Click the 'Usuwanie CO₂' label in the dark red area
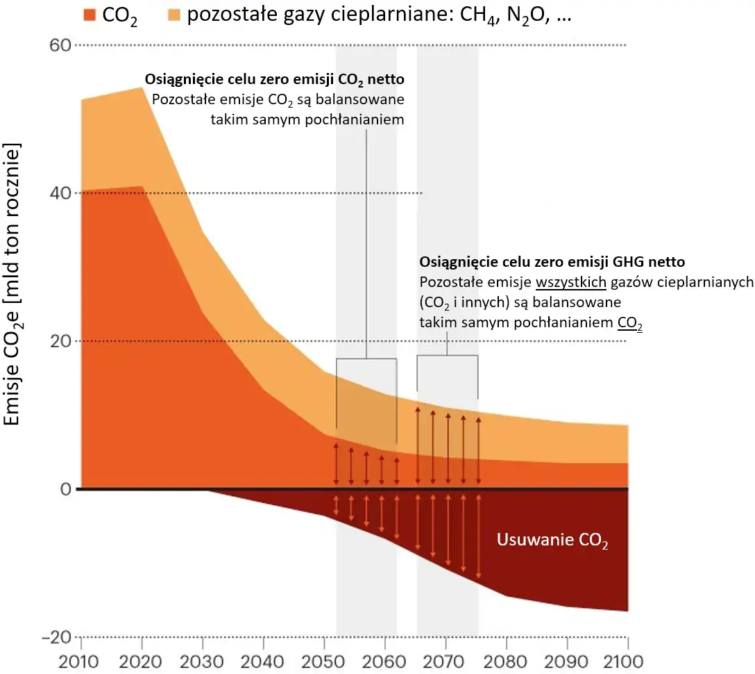(x=552, y=541)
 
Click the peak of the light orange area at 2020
(x=142, y=88)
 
